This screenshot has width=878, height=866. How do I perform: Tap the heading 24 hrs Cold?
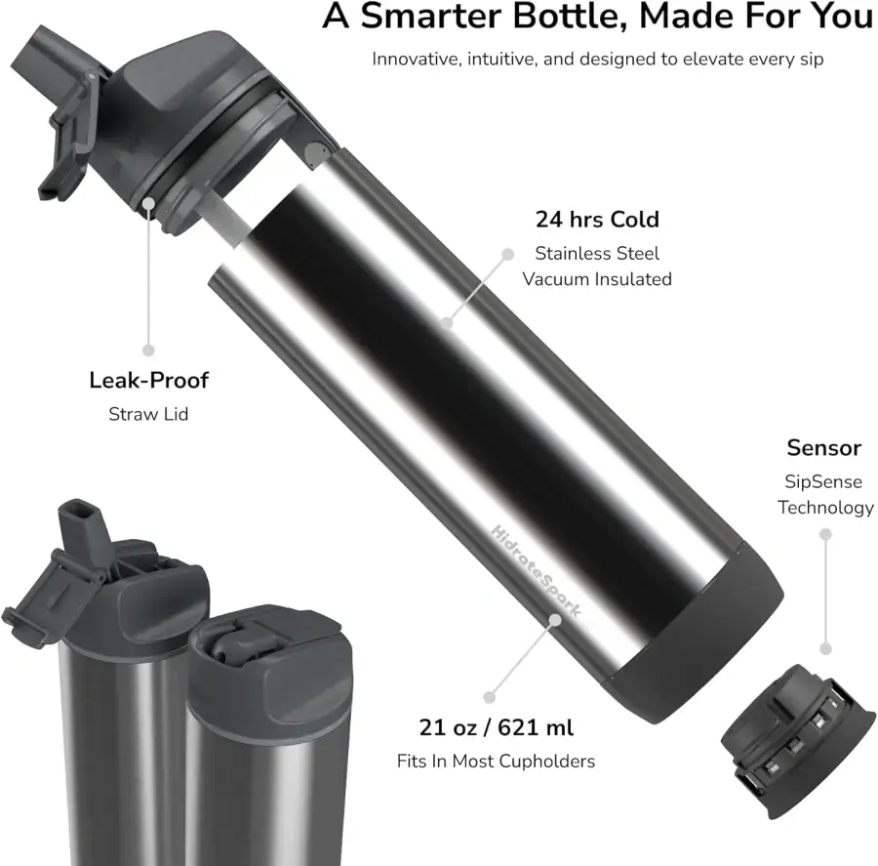pyautogui.click(x=597, y=219)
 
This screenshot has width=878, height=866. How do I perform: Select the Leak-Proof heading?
pyautogui.click(x=148, y=380)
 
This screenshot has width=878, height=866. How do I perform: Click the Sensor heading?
pyautogui.click(x=823, y=448)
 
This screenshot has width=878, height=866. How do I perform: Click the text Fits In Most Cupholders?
pyautogui.click(x=496, y=761)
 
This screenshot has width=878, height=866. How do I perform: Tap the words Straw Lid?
pyautogui.click(x=148, y=414)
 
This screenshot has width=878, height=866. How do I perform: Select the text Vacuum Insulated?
pyautogui.click(x=597, y=279)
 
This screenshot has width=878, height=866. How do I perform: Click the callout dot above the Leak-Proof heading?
pyautogui.click(x=149, y=349)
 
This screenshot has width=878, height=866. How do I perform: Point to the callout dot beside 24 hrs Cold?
pyautogui.click(x=507, y=253)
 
